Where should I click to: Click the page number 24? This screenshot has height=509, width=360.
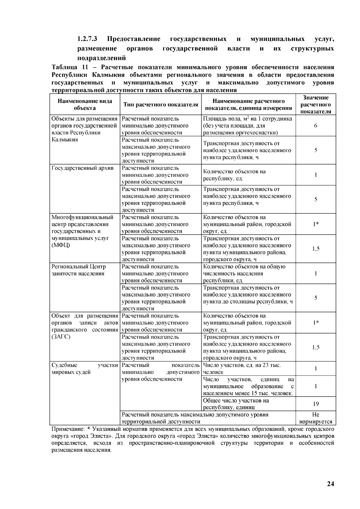click(x=330, y=484)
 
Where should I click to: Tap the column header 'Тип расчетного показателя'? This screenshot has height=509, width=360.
click(x=160, y=105)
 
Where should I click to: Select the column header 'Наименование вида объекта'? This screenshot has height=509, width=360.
click(x=85, y=104)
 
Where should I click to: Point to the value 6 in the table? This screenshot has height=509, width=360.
click(x=316, y=126)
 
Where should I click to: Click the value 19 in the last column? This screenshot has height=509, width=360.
click(x=316, y=404)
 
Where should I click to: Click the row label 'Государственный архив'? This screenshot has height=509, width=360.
click(x=82, y=168)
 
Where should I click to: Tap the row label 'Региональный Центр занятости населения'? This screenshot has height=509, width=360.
click(x=79, y=270)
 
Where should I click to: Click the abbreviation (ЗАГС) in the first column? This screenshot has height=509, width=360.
click(x=61, y=337)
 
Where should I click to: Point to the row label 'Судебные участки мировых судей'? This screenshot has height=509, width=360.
click(x=85, y=369)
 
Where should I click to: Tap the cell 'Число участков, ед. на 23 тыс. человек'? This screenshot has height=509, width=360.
click(x=242, y=369)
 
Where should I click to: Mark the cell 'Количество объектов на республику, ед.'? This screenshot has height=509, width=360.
click(x=234, y=175)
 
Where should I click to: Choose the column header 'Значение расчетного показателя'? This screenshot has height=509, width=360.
click(x=316, y=104)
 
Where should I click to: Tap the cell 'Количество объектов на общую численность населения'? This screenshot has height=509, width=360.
click(x=244, y=273)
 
